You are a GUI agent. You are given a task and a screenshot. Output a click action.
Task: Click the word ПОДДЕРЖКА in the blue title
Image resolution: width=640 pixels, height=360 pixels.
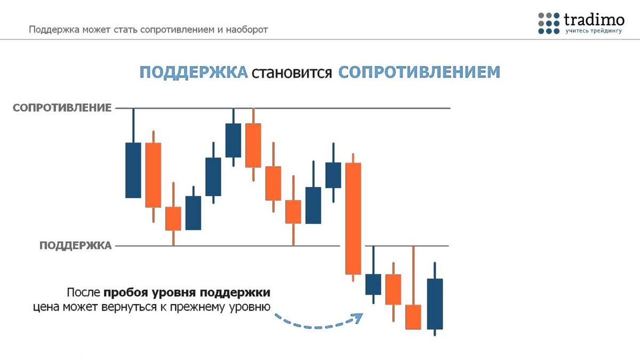[194, 73]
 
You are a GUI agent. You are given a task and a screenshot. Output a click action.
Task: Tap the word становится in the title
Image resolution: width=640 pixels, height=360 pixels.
[293, 73]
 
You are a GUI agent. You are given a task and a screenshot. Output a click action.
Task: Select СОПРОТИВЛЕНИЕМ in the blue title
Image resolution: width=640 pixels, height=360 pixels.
[419, 73]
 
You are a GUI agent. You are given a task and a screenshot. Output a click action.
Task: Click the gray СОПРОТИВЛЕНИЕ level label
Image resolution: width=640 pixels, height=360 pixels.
[62, 108]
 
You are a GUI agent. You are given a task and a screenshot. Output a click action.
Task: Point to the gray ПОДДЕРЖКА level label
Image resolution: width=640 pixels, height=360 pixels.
[75, 245]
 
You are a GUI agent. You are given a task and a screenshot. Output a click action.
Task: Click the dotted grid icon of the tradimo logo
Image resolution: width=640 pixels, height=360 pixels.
[549, 22]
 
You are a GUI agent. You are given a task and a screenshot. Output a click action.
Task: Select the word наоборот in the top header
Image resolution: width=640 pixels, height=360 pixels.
[246, 29]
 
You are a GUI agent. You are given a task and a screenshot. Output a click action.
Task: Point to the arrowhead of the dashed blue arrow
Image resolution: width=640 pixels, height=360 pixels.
[358, 317]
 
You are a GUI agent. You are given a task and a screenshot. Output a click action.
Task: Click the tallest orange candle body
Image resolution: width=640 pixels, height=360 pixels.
[353, 218]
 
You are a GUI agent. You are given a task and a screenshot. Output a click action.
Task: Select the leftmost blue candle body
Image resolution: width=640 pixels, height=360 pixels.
[133, 170]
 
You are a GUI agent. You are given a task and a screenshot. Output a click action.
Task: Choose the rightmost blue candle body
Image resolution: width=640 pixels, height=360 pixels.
[435, 303]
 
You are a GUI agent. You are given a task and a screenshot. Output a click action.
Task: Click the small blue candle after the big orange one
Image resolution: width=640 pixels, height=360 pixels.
[373, 284]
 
